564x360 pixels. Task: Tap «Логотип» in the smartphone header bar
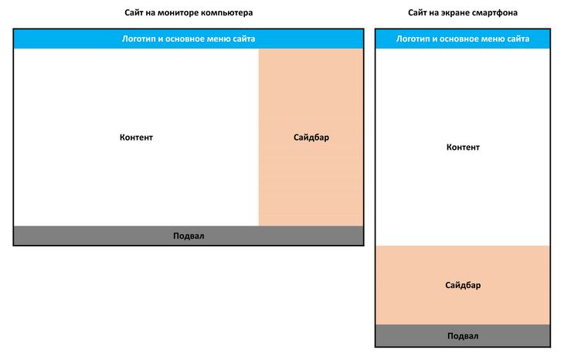(x=413, y=39)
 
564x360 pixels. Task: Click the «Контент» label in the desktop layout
(x=136, y=138)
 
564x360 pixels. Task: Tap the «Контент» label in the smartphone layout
(x=463, y=147)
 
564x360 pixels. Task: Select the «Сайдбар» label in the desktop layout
(x=311, y=138)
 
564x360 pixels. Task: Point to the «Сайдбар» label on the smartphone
(x=463, y=285)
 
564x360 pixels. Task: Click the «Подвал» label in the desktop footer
(x=189, y=236)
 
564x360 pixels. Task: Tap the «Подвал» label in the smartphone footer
(x=463, y=336)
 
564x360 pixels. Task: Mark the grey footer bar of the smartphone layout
(x=463, y=335)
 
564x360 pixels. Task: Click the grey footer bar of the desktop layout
(x=189, y=236)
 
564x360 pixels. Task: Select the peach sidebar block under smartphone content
(x=463, y=285)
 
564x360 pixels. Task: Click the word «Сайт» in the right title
(x=417, y=13)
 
